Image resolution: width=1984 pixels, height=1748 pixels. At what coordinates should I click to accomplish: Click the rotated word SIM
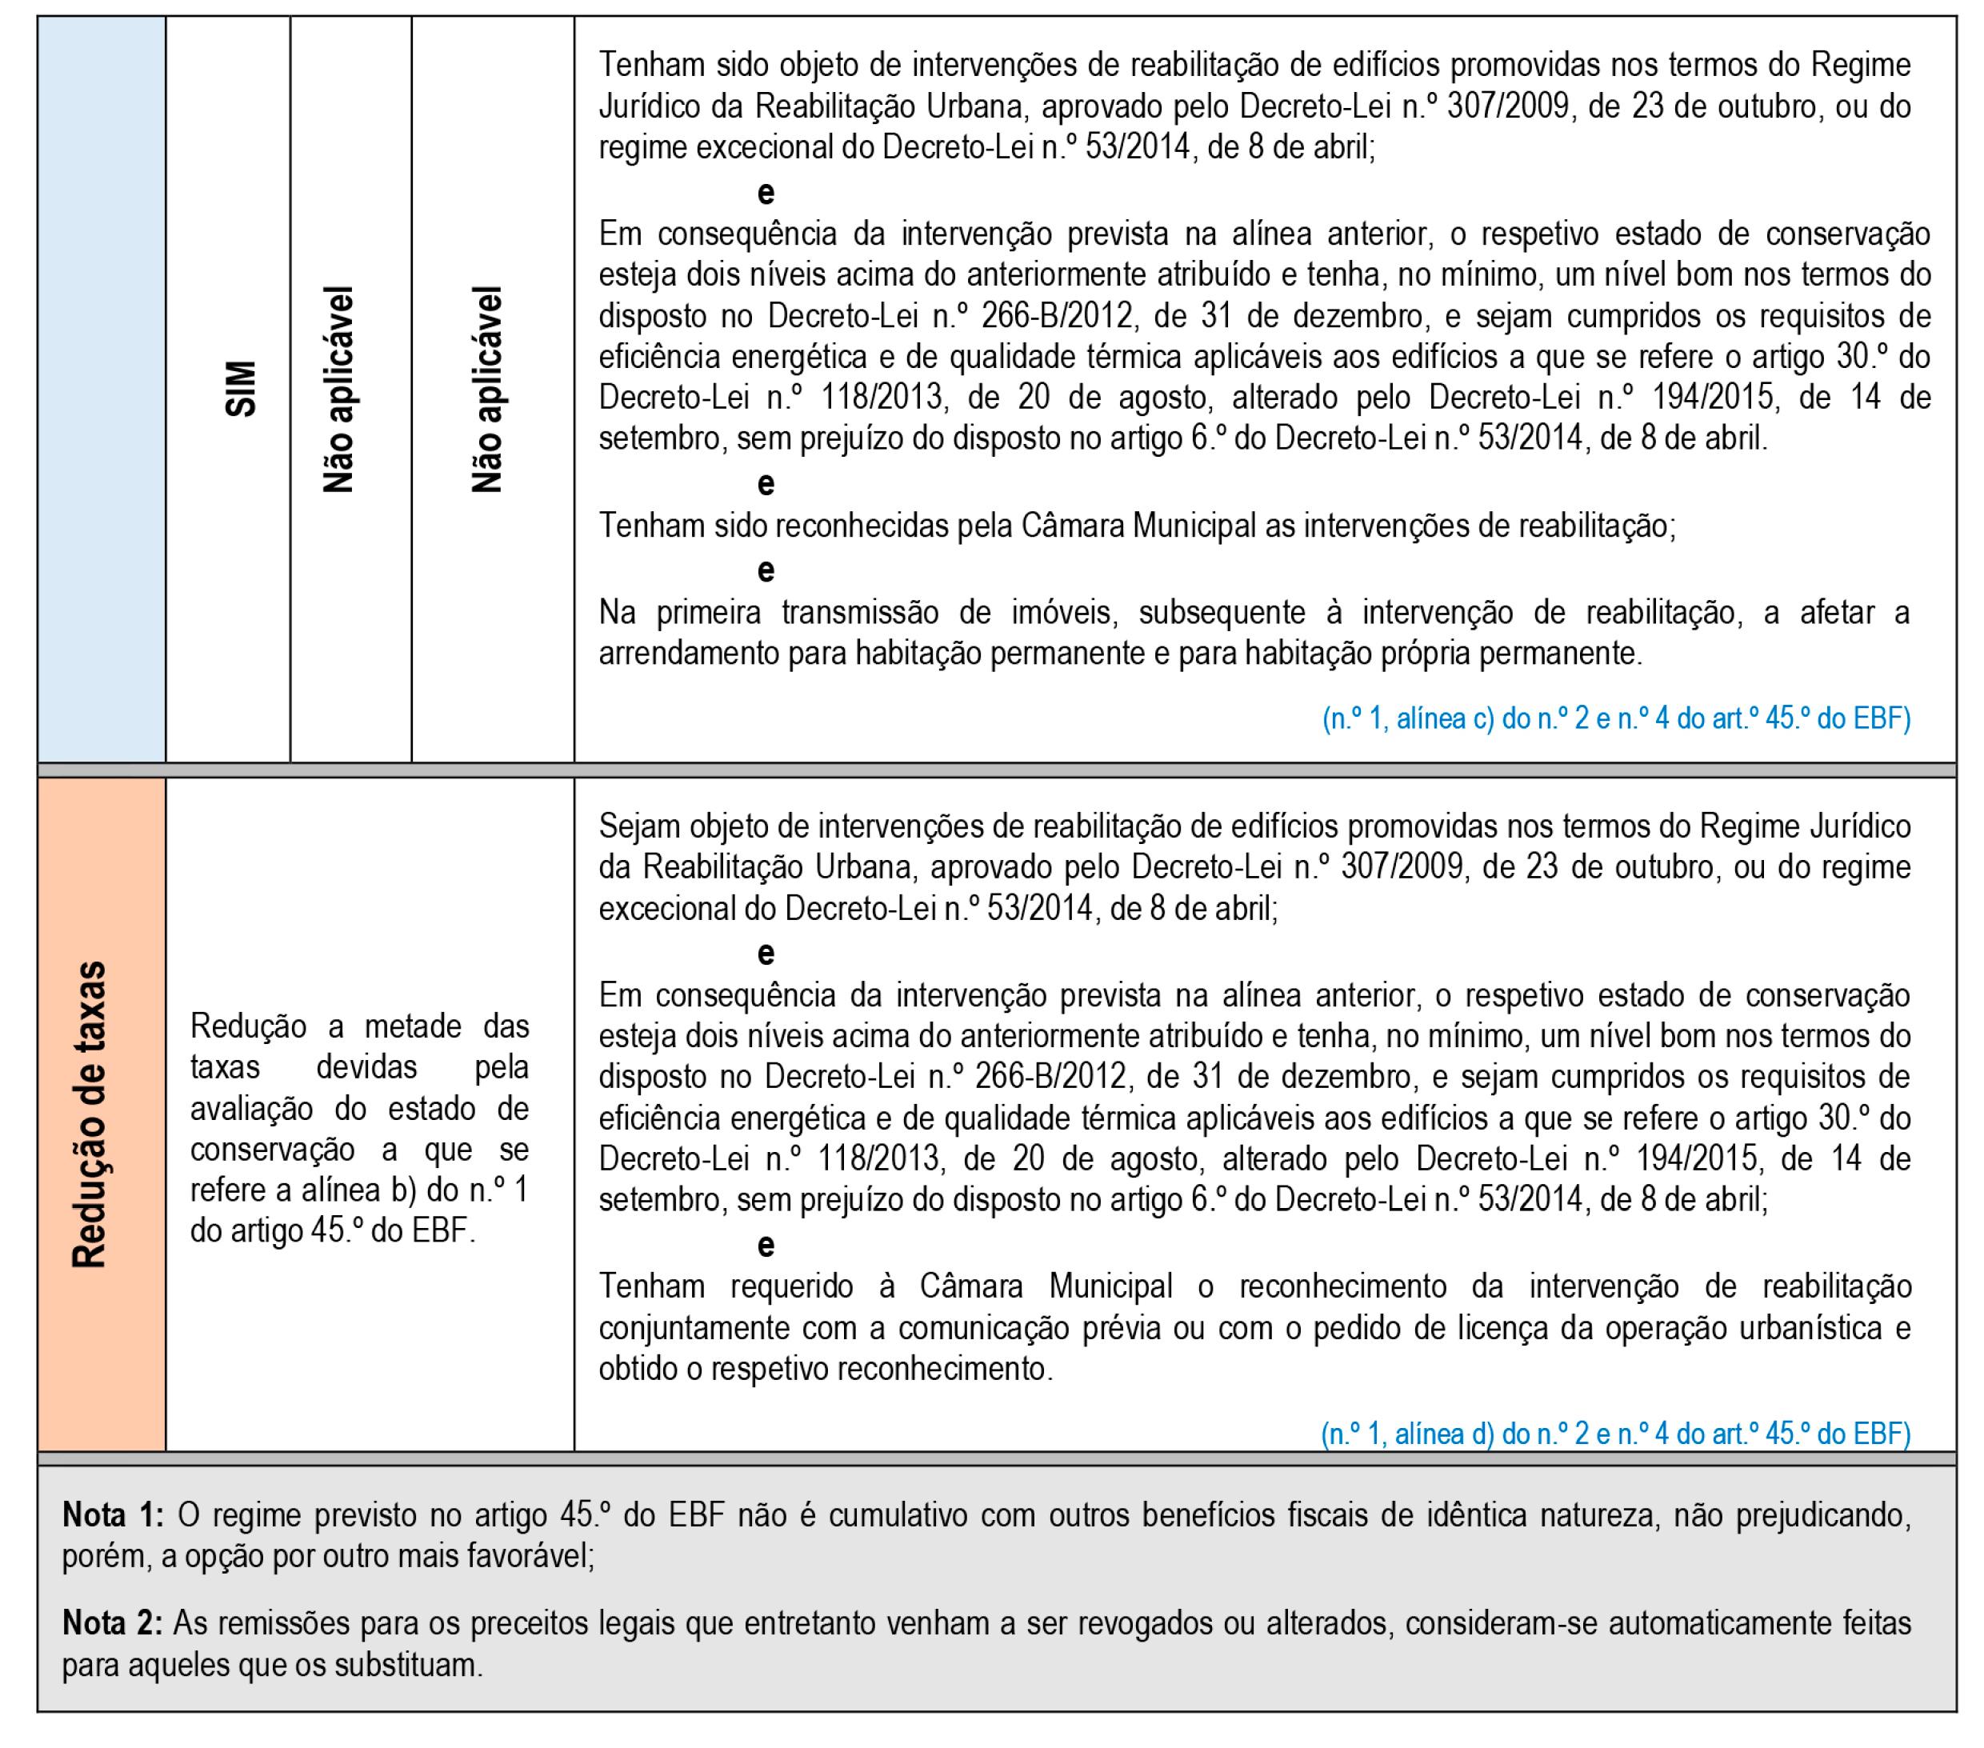pyautogui.click(x=241, y=389)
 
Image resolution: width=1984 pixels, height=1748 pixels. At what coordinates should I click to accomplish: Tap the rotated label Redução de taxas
pyautogui.click(x=90, y=1114)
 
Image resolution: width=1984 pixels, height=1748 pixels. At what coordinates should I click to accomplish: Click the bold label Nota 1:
pyautogui.click(x=113, y=1515)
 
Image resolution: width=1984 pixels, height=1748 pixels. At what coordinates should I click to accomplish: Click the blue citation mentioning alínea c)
pyautogui.click(x=1615, y=718)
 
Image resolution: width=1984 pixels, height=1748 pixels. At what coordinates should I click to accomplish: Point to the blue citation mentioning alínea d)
pyautogui.click(x=1615, y=1434)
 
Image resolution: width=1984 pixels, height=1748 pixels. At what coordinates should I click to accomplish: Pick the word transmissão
pyautogui.click(x=860, y=613)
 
